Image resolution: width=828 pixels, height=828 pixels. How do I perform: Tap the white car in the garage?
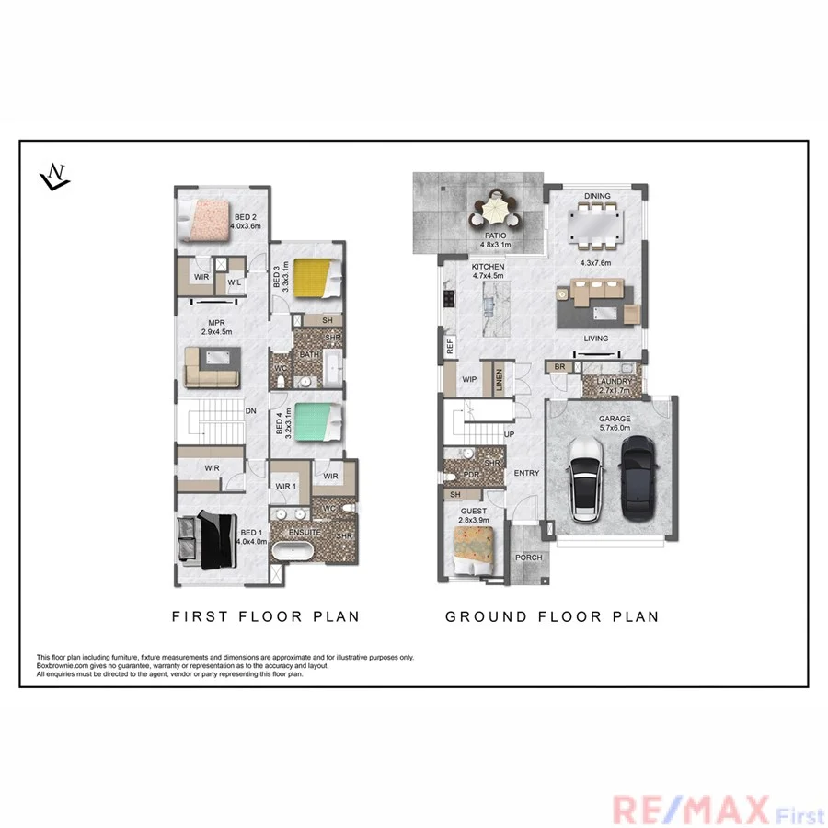586,476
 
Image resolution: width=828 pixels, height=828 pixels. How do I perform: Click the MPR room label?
217,323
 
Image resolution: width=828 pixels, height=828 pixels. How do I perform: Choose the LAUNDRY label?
614,380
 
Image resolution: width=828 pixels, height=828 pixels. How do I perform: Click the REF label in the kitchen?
450,348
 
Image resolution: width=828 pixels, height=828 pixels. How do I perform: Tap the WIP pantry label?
468,379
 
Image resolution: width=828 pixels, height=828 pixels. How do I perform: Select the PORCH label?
529,558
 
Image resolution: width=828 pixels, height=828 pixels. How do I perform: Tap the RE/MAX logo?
690,811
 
